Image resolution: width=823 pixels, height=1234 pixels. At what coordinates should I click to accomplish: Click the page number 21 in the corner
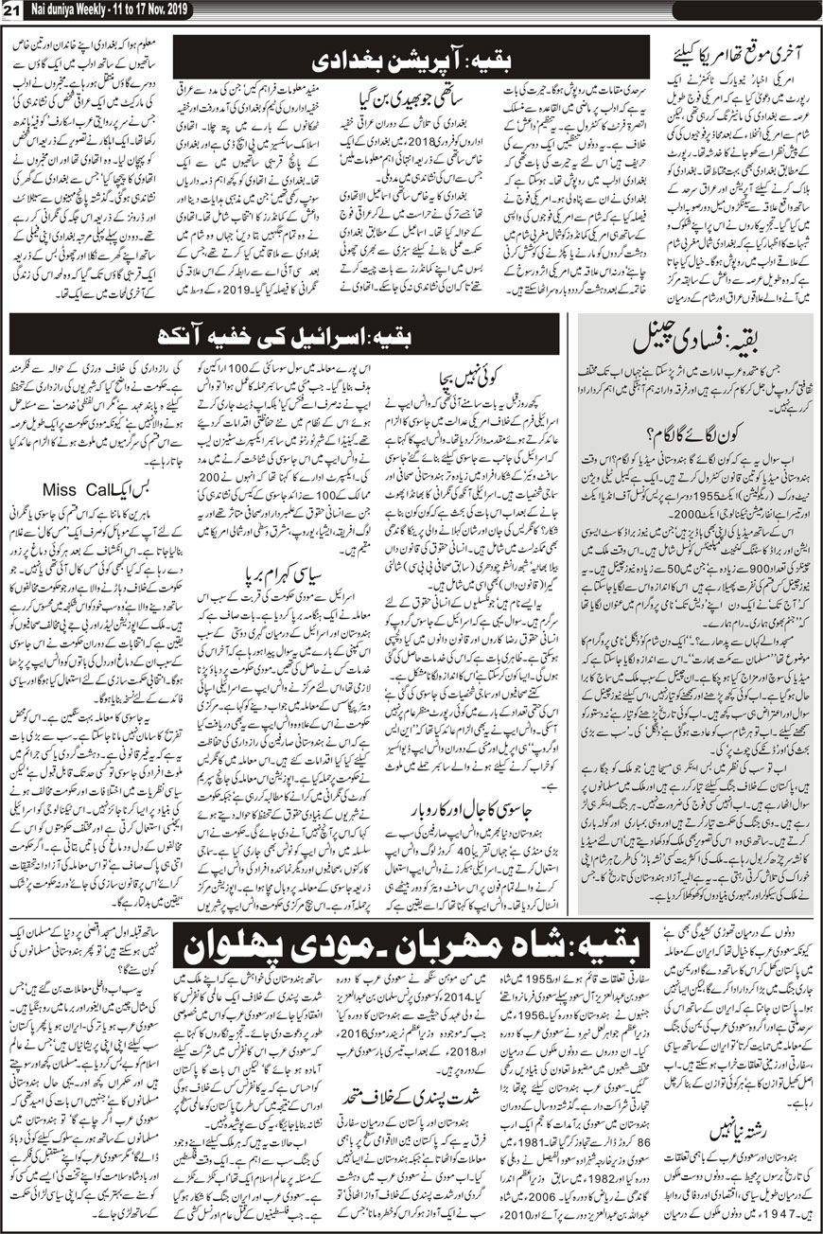click(12, 10)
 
